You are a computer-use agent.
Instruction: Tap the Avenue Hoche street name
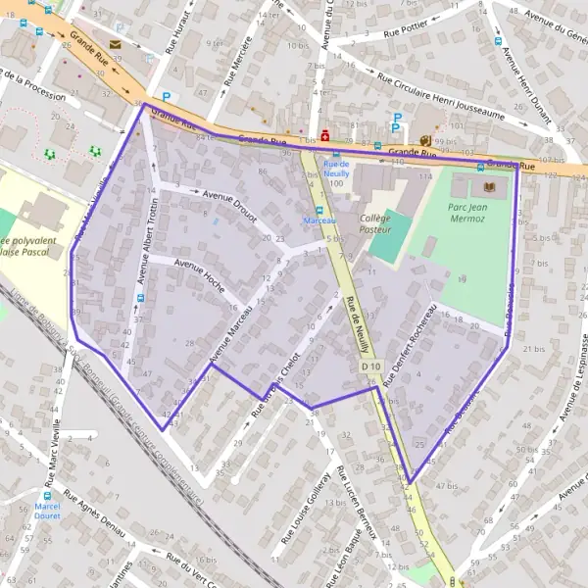[199, 275]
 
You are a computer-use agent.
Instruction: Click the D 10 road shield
[368, 366]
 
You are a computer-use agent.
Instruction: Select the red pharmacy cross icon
[324, 135]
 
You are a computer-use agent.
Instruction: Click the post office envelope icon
[116, 44]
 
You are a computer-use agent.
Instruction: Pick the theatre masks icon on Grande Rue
[424, 141]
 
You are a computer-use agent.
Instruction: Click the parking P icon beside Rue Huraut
[166, 97]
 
